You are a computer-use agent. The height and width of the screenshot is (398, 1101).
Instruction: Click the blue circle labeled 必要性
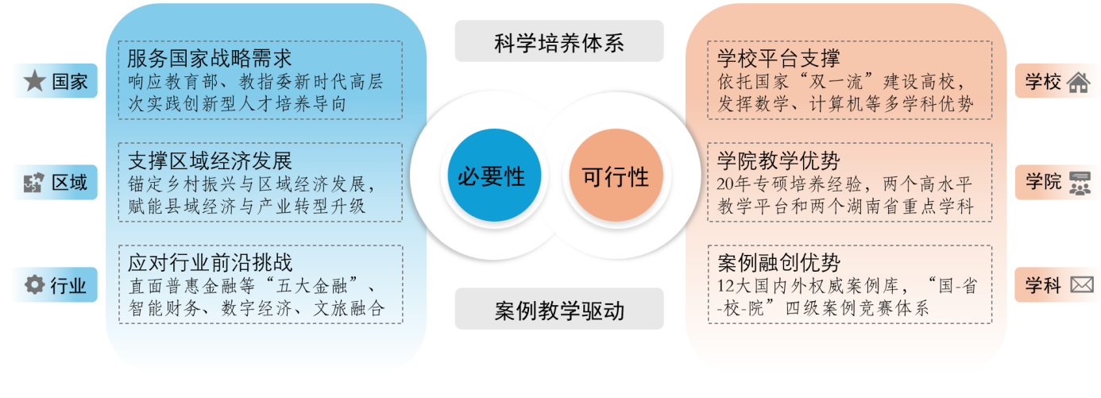[x=494, y=175]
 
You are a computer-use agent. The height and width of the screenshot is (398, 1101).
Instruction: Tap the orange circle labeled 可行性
[x=616, y=175]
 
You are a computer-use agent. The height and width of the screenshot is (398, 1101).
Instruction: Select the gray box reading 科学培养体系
[x=559, y=41]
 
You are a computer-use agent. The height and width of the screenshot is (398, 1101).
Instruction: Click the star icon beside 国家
[x=35, y=80]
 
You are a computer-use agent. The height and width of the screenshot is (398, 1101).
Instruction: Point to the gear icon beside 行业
[x=34, y=284]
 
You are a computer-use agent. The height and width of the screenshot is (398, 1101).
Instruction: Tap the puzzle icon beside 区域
[x=34, y=183]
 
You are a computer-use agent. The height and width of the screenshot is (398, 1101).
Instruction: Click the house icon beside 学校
[x=1079, y=82]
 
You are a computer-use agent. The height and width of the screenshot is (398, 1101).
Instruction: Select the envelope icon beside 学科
[x=1082, y=284]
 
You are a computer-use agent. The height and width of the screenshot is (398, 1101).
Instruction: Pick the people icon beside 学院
[x=1080, y=184]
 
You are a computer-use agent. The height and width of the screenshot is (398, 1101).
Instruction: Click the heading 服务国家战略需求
[x=210, y=59]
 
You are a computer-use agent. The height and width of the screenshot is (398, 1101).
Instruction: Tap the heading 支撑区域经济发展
[x=210, y=160]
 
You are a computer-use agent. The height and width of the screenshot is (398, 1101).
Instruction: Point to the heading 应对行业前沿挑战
[x=210, y=263]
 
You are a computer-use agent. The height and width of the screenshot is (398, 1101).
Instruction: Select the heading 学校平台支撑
[x=778, y=59]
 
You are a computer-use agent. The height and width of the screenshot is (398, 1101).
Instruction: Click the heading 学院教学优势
[x=778, y=160]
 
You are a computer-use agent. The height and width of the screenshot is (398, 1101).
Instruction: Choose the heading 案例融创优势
[x=778, y=263]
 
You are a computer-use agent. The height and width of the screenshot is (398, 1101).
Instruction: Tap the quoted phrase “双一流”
[x=836, y=81]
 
